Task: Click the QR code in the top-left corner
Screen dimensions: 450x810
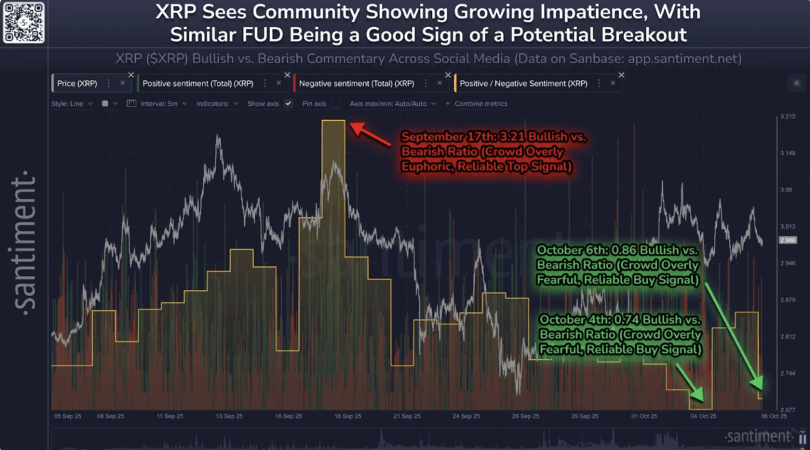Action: coord(24,22)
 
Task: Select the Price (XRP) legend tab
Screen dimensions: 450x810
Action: coord(77,84)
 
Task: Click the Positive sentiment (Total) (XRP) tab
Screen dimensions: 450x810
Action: coord(198,84)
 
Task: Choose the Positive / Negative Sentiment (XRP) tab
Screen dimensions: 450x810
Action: coord(523,84)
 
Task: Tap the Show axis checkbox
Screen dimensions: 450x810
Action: coord(288,104)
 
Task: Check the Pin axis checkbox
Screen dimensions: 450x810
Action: coord(335,104)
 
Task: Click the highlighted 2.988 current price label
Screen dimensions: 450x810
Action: coord(788,241)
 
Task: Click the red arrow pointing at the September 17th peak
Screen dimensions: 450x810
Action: coord(371,134)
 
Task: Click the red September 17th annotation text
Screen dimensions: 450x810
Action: coord(493,150)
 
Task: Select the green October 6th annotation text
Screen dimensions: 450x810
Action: coord(618,265)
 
